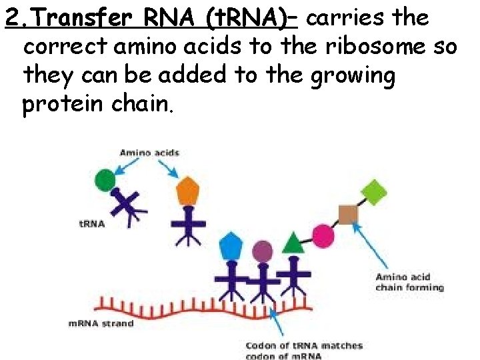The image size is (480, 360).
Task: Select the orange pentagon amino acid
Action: tap(188, 191)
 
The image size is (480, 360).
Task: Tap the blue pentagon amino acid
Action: tap(231, 245)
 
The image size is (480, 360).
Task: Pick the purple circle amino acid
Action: tap(263, 251)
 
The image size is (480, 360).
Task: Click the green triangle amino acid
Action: tap(293, 243)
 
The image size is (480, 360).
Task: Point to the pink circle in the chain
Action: tap(323, 235)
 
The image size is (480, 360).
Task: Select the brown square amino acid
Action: tap(348, 213)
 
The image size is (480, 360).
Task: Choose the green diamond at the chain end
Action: tap(375, 192)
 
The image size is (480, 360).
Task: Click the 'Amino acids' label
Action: tap(149, 153)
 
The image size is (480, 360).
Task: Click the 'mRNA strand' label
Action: tap(101, 323)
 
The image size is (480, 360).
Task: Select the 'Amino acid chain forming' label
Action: tap(409, 282)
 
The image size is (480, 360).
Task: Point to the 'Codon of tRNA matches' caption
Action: tap(304, 345)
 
